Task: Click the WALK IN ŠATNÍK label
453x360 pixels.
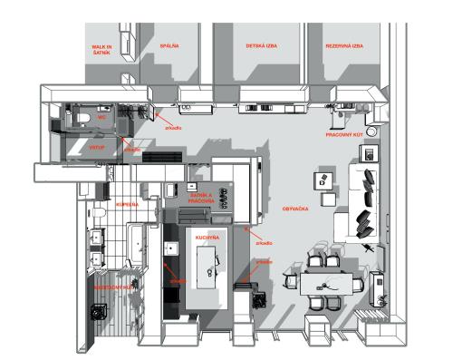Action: [x=101, y=48]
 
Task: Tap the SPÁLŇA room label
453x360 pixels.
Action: [x=169, y=44]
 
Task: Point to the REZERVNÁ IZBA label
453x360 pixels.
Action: [x=345, y=45]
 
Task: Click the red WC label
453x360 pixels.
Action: [x=103, y=117]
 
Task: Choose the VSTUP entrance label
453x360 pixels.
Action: [x=97, y=145]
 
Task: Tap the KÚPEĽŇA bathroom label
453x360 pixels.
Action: [x=128, y=205]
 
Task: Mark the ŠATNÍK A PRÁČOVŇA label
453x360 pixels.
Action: [x=202, y=197]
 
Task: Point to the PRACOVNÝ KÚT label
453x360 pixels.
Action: [x=346, y=134]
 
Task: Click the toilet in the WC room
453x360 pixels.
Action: [x=82, y=118]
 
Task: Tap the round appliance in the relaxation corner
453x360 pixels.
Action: [x=97, y=309]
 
